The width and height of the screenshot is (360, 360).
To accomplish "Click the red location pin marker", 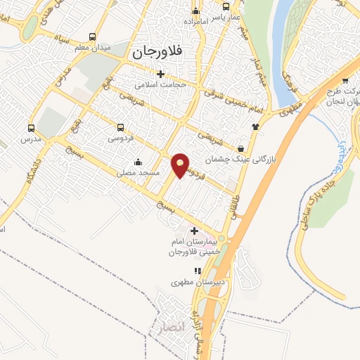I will (x=181, y=165).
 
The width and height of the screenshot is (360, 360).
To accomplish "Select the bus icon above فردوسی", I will (x=120, y=128).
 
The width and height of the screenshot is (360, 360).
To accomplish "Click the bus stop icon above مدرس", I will (x=31, y=128).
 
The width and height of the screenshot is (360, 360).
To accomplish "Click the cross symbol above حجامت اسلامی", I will (x=161, y=73).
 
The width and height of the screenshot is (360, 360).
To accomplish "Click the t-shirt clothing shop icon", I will (x=255, y=127).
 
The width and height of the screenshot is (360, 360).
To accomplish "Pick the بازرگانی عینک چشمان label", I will (x=237, y=160).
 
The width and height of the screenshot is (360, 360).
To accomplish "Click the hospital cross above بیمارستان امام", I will (x=194, y=231).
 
